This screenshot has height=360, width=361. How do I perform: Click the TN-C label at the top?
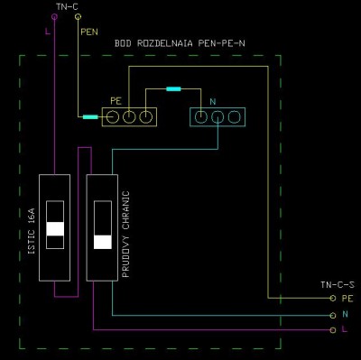tap(67, 6)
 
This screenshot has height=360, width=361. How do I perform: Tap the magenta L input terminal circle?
tap(54, 17)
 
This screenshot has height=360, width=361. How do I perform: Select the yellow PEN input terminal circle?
tap(78, 17)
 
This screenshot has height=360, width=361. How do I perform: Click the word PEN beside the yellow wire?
tap(89, 32)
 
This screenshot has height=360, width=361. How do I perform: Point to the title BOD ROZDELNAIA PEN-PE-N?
tap(180, 43)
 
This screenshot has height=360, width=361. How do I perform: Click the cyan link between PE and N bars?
tap(173, 89)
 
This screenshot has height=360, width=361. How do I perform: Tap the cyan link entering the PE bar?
tap(90, 117)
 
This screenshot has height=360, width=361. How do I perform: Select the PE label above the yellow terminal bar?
tap(116, 101)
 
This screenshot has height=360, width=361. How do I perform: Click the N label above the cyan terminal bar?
tap(213, 102)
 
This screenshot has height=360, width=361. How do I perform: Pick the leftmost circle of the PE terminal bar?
tap(113, 117)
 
